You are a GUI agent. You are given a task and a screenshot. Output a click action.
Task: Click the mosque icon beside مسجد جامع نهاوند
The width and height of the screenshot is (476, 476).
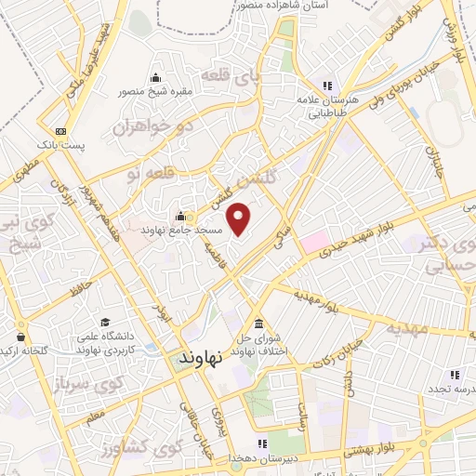point(192,214)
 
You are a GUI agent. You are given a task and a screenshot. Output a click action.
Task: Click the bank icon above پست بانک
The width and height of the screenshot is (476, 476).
point(60,131)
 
